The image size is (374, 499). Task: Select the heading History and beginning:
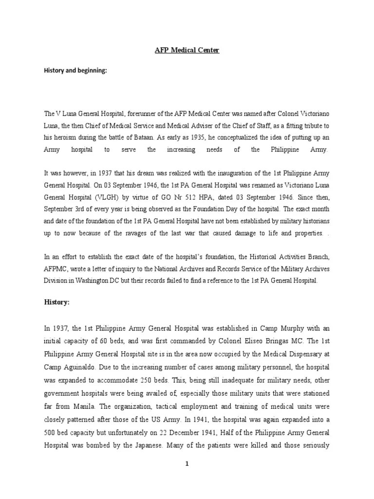point(75,70)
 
